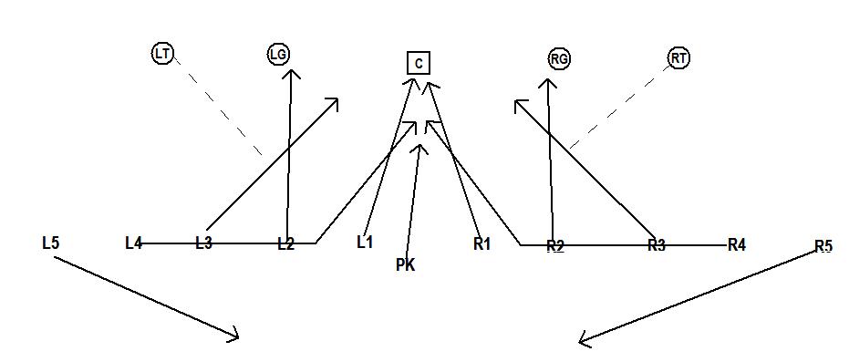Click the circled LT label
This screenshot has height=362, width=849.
tap(162, 54)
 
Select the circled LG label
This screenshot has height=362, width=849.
tap(279, 55)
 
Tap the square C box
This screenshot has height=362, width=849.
tap(419, 62)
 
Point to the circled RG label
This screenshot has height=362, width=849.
tap(559, 58)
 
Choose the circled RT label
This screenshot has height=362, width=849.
tap(678, 58)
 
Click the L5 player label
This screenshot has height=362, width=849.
tap(51, 243)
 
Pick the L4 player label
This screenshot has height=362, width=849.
tap(134, 243)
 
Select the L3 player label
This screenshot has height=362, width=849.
tap(204, 243)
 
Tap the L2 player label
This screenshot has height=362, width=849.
tap(286, 244)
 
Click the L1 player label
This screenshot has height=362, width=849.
tap(365, 243)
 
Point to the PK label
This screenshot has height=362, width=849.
tap(406, 265)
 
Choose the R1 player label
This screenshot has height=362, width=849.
tap(482, 243)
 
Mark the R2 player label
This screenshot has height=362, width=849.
tap(555, 246)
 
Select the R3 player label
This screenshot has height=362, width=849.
tap(657, 245)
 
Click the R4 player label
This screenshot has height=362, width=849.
tap(737, 244)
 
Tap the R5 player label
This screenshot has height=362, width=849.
tap(823, 246)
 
